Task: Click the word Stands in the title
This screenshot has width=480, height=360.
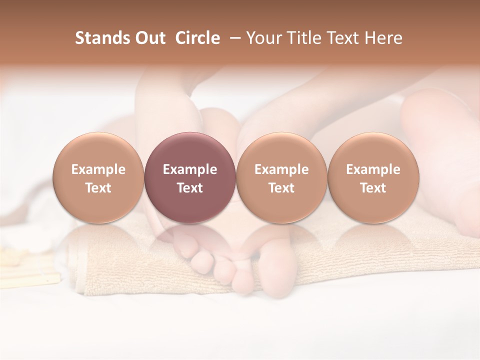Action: point(98,38)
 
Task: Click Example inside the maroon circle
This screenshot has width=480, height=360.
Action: point(189,169)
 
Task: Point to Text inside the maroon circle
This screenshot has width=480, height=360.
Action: point(189,188)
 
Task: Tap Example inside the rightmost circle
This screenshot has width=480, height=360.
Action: point(373,169)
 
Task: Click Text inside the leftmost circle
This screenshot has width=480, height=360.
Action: point(98,188)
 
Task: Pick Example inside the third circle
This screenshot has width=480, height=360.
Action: point(281,169)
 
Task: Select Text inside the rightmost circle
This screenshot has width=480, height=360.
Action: point(373,188)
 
